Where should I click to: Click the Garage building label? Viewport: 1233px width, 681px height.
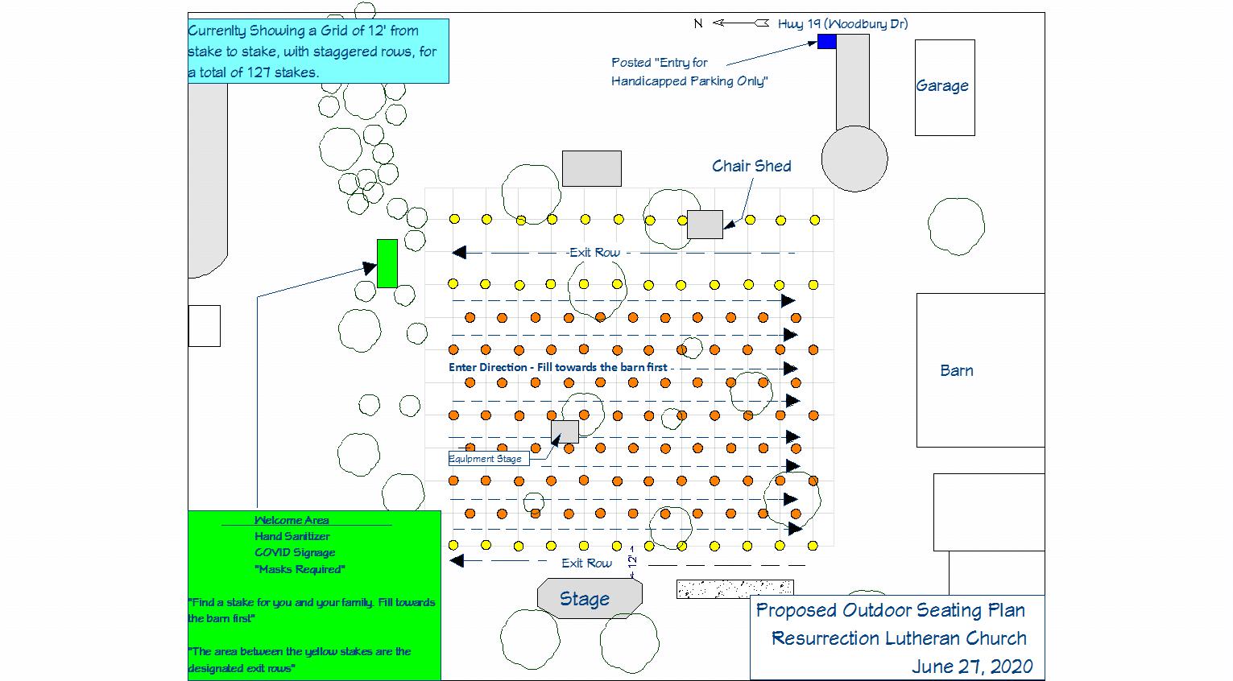click(x=941, y=86)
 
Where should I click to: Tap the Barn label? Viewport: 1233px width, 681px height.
click(x=957, y=370)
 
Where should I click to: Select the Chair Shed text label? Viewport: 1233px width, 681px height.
click(x=751, y=166)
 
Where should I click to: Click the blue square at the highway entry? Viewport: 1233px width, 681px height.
click(x=826, y=42)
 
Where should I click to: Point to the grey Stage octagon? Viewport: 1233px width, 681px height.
click(x=590, y=598)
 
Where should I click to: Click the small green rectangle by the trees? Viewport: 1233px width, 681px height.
click(x=387, y=263)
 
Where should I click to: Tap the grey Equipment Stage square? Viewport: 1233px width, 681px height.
click(x=565, y=431)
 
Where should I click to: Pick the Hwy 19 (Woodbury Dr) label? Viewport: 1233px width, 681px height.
click(x=842, y=23)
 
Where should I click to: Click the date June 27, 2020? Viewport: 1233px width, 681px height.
click(x=972, y=667)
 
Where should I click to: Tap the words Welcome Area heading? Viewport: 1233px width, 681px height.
click(x=292, y=520)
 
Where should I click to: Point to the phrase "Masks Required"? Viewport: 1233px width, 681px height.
click(x=300, y=569)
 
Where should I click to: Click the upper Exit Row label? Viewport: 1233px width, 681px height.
click(x=594, y=253)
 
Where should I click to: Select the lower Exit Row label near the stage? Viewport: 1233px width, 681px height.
click(x=586, y=563)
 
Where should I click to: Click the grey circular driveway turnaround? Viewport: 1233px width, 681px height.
click(x=854, y=159)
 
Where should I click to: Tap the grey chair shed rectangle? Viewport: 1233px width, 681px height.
click(x=705, y=225)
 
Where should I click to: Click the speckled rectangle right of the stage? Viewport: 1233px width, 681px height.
click(x=734, y=589)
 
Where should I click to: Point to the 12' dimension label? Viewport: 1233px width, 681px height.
click(x=633, y=556)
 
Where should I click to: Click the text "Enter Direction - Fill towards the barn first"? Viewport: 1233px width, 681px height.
click(x=558, y=367)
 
